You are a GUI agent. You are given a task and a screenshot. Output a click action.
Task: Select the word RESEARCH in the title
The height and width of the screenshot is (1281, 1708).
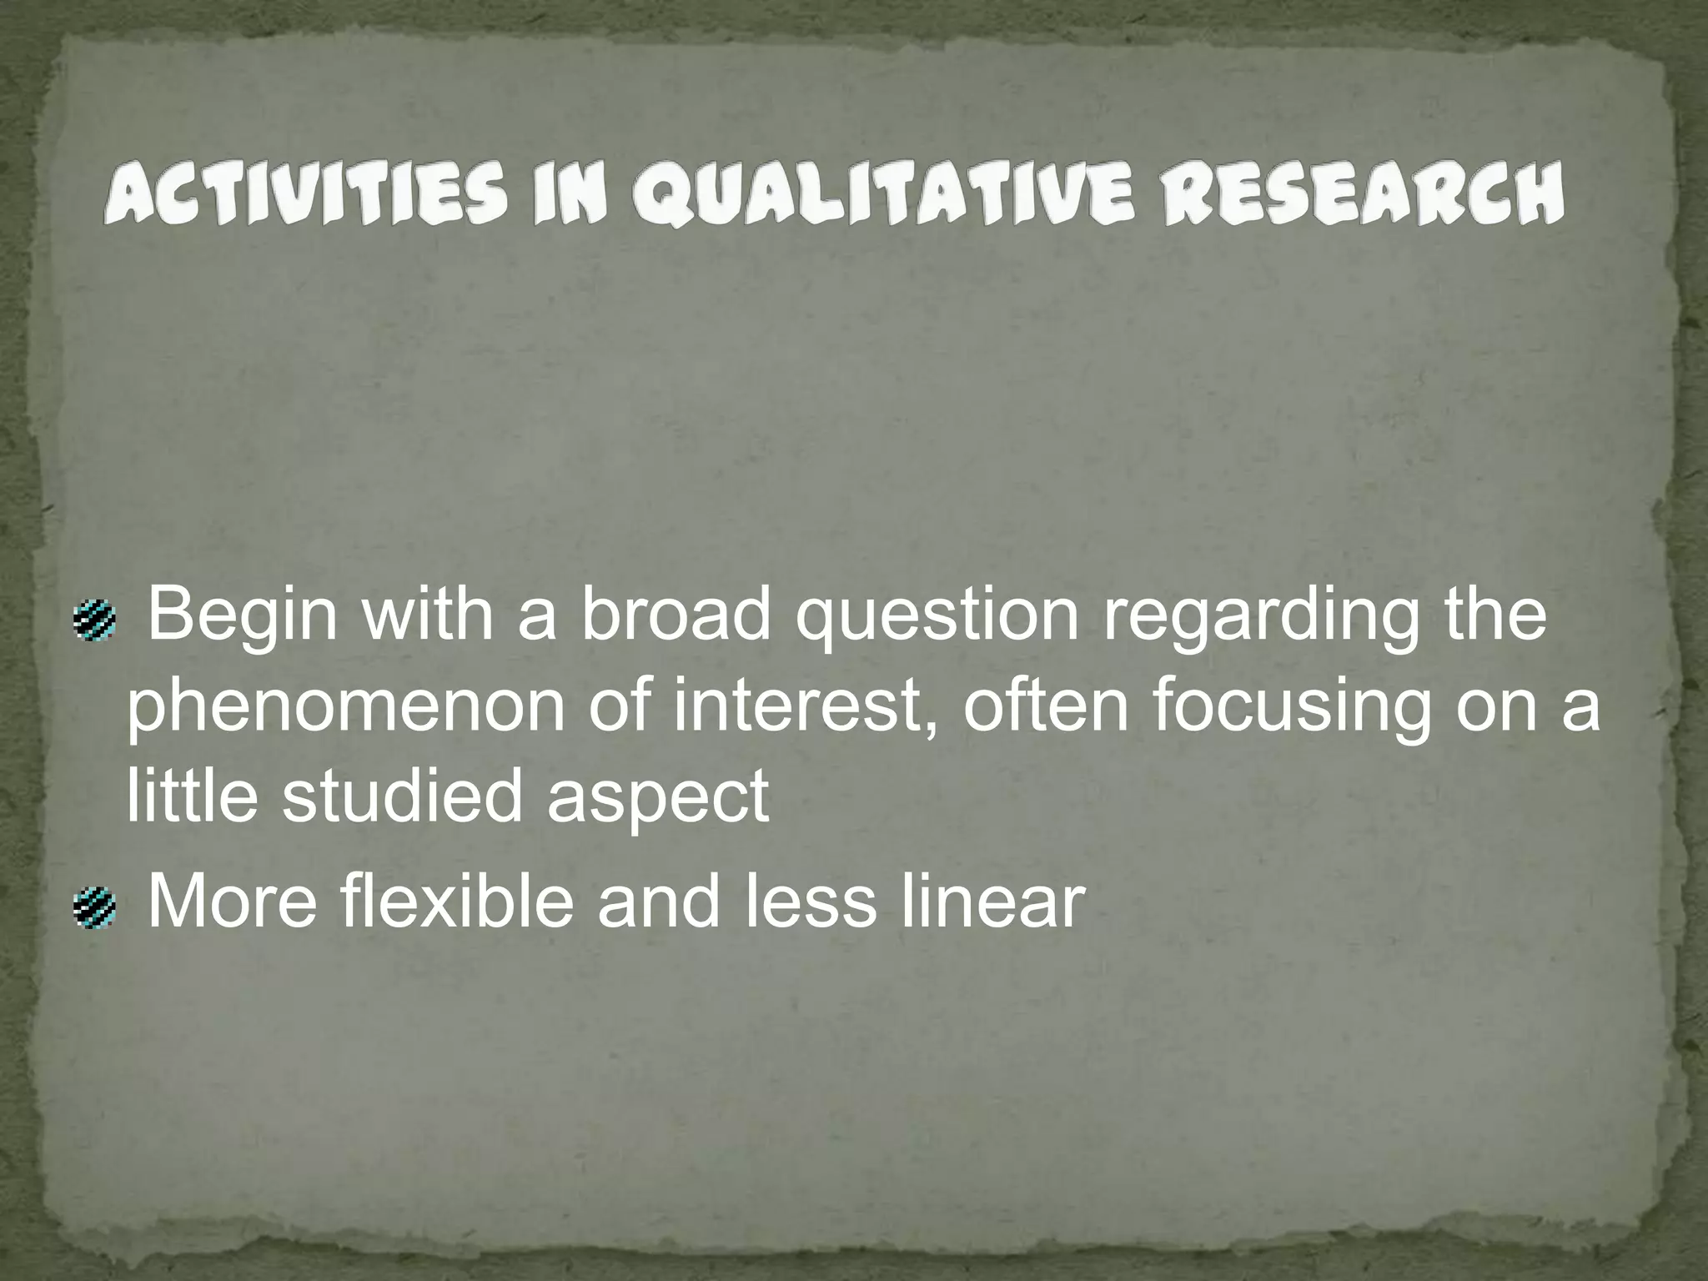(1364, 194)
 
